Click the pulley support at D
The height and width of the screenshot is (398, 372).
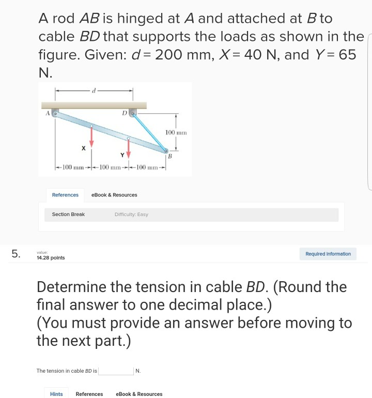[133, 112]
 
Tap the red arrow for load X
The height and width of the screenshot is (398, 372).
[91, 137]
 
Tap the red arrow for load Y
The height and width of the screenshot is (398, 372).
[129, 149]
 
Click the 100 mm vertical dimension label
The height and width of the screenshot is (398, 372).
[176, 133]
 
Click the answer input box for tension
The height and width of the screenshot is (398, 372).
[116, 371]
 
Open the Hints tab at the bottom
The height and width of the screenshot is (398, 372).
[56, 394]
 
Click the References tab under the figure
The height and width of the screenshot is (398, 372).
[65, 195]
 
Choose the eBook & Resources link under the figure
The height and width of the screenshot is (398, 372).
[114, 195]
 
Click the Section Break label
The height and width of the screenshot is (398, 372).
[68, 214]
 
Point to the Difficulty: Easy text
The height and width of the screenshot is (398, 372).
[131, 214]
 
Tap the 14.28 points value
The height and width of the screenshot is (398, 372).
[51, 257]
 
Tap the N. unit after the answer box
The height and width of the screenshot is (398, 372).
[138, 371]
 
